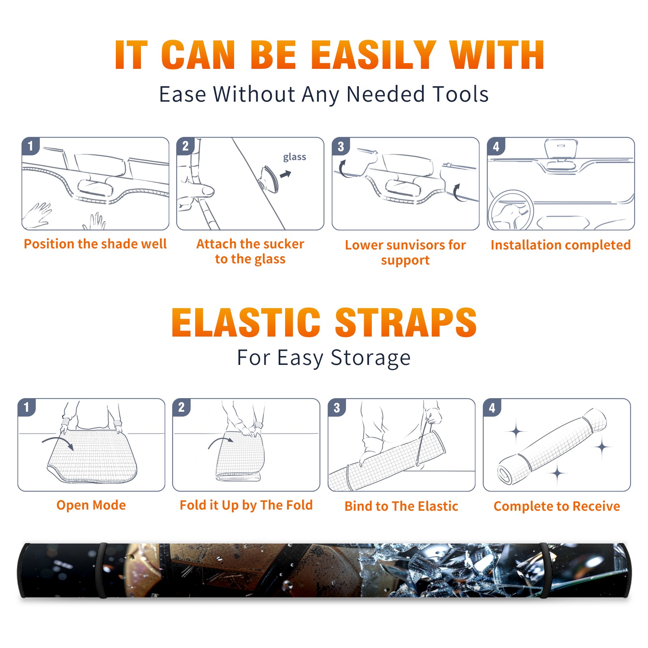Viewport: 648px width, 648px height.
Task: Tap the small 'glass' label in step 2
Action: pyautogui.click(x=294, y=157)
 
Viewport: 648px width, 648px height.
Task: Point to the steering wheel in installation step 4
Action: pyautogui.click(x=510, y=210)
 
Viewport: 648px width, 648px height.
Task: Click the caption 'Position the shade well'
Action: pyautogui.click(x=95, y=244)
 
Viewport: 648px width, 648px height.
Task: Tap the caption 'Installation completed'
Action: pyautogui.click(x=561, y=245)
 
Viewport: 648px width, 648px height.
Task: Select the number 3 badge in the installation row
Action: pyautogui.click(x=341, y=146)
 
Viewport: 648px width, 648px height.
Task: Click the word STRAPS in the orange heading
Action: pyautogui.click(x=406, y=322)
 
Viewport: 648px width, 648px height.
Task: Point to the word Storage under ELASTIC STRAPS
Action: pyautogui.click(x=371, y=358)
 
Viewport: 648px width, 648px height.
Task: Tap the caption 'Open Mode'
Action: pyautogui.click(x=91, y=505)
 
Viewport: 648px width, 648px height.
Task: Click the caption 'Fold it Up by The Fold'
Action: pyautogui.click(x=246, y=505)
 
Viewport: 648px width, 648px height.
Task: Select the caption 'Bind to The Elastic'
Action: pyautogui.click(x=401, y=506)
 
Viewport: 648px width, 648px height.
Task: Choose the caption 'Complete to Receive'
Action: pyautogui.click(x=557, y=506)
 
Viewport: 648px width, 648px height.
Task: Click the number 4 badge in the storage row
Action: pyautogui.click(x=492, y=407)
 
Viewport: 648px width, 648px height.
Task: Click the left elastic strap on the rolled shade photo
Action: pyautogui.click(x=102, y=570)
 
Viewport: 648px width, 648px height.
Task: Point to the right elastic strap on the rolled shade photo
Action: pyautogui.click(x=544, y=570)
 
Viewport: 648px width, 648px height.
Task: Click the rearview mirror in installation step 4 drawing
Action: pyautogui.click(x=561, y=148)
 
